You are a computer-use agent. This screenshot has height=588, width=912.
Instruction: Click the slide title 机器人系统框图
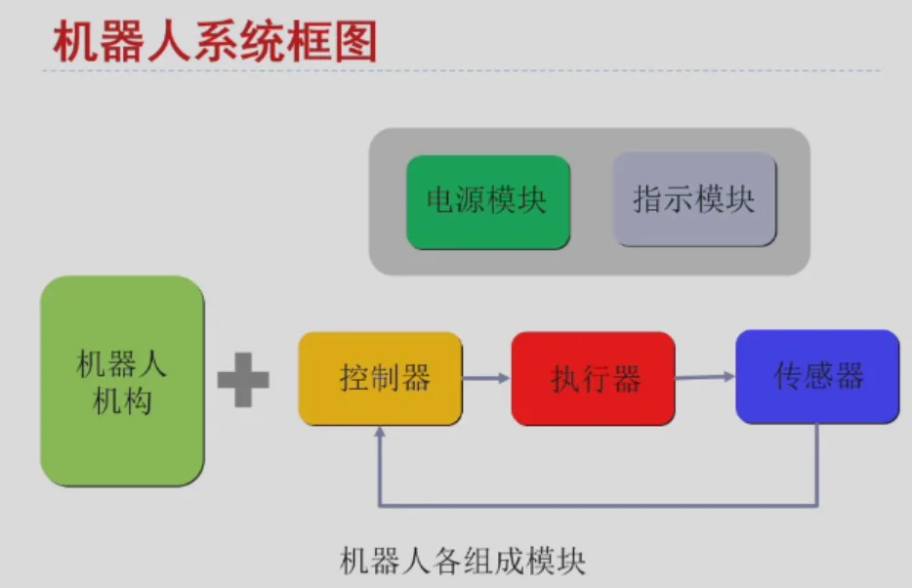coord(214,44)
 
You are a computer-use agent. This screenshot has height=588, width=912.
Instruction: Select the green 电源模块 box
coord(487,201)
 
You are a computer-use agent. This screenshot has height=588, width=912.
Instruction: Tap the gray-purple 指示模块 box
coord(694,199)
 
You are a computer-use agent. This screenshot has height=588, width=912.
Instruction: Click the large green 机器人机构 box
coord(122,381)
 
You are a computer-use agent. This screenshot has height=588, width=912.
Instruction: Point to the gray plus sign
coord(243,380)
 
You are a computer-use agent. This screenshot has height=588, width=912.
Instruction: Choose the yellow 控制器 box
coord(380,378)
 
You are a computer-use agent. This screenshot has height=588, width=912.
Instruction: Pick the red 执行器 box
coord(593,379)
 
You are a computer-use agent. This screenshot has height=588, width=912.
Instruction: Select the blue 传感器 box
coord(817,377)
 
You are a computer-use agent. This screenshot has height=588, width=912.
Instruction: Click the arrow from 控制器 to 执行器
coord(486,378)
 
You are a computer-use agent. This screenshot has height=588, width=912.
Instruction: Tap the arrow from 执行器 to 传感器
coord(705,376)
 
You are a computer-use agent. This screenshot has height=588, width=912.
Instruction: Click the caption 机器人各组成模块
coord(462,562)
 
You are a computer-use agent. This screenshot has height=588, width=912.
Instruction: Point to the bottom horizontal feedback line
coord(596,505)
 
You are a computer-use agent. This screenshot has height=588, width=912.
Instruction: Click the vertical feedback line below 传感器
coord(816,464)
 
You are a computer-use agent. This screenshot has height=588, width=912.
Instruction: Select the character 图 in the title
coord(356,44)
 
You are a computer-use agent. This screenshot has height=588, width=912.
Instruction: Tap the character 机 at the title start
coord(71,44)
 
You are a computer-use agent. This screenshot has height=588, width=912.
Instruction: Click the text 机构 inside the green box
coord(122,400)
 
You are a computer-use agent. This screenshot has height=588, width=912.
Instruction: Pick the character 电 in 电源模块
coord(439,201)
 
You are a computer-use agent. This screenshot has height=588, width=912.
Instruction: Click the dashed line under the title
coord(459,71)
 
